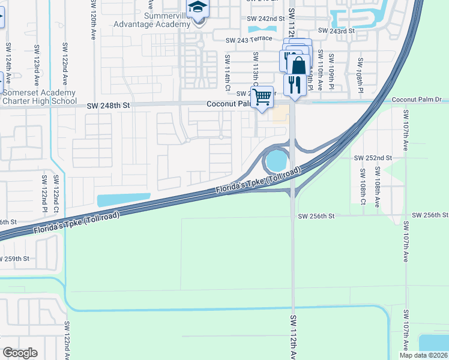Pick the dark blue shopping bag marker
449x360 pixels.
[x=298, y=65]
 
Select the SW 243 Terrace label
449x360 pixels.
[x=249, y=40]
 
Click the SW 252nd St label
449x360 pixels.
[x=373, y=158]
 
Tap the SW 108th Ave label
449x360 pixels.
[x=377, y=191]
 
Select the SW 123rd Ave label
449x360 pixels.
[x=37, y=64]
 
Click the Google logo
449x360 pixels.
[x=20, y=352]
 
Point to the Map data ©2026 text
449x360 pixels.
[x=423, y=355]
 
